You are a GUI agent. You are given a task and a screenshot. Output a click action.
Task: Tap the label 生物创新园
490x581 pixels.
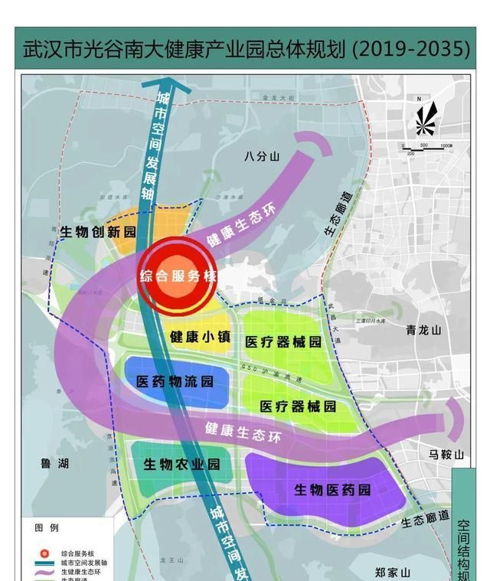pos(97,231)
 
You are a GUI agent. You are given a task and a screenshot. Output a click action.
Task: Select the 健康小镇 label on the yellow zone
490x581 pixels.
pos(198,337)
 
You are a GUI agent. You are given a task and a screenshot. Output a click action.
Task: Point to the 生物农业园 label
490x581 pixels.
pos(181,464)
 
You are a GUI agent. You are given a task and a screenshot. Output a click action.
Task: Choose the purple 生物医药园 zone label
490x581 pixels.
pos(332,489)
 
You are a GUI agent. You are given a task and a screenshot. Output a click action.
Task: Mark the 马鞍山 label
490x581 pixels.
pos(446,455)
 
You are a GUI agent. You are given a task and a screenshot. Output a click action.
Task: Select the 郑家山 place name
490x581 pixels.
pos(393,572)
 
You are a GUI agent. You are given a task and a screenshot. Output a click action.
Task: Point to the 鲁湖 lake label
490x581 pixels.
pos(54,464)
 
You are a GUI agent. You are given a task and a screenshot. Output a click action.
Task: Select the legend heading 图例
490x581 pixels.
pos(47,528)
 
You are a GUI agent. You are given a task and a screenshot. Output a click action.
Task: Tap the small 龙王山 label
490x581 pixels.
pos(168,561)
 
